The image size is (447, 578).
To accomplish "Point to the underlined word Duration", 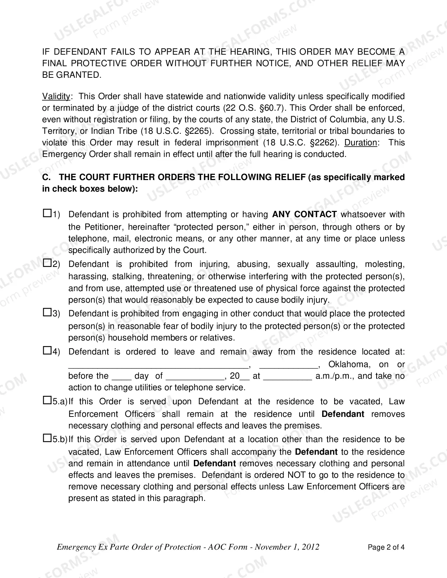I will coord(361,143).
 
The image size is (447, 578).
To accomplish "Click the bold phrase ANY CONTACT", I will coord(304,214).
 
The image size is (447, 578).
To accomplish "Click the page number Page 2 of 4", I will coord(386,547).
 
